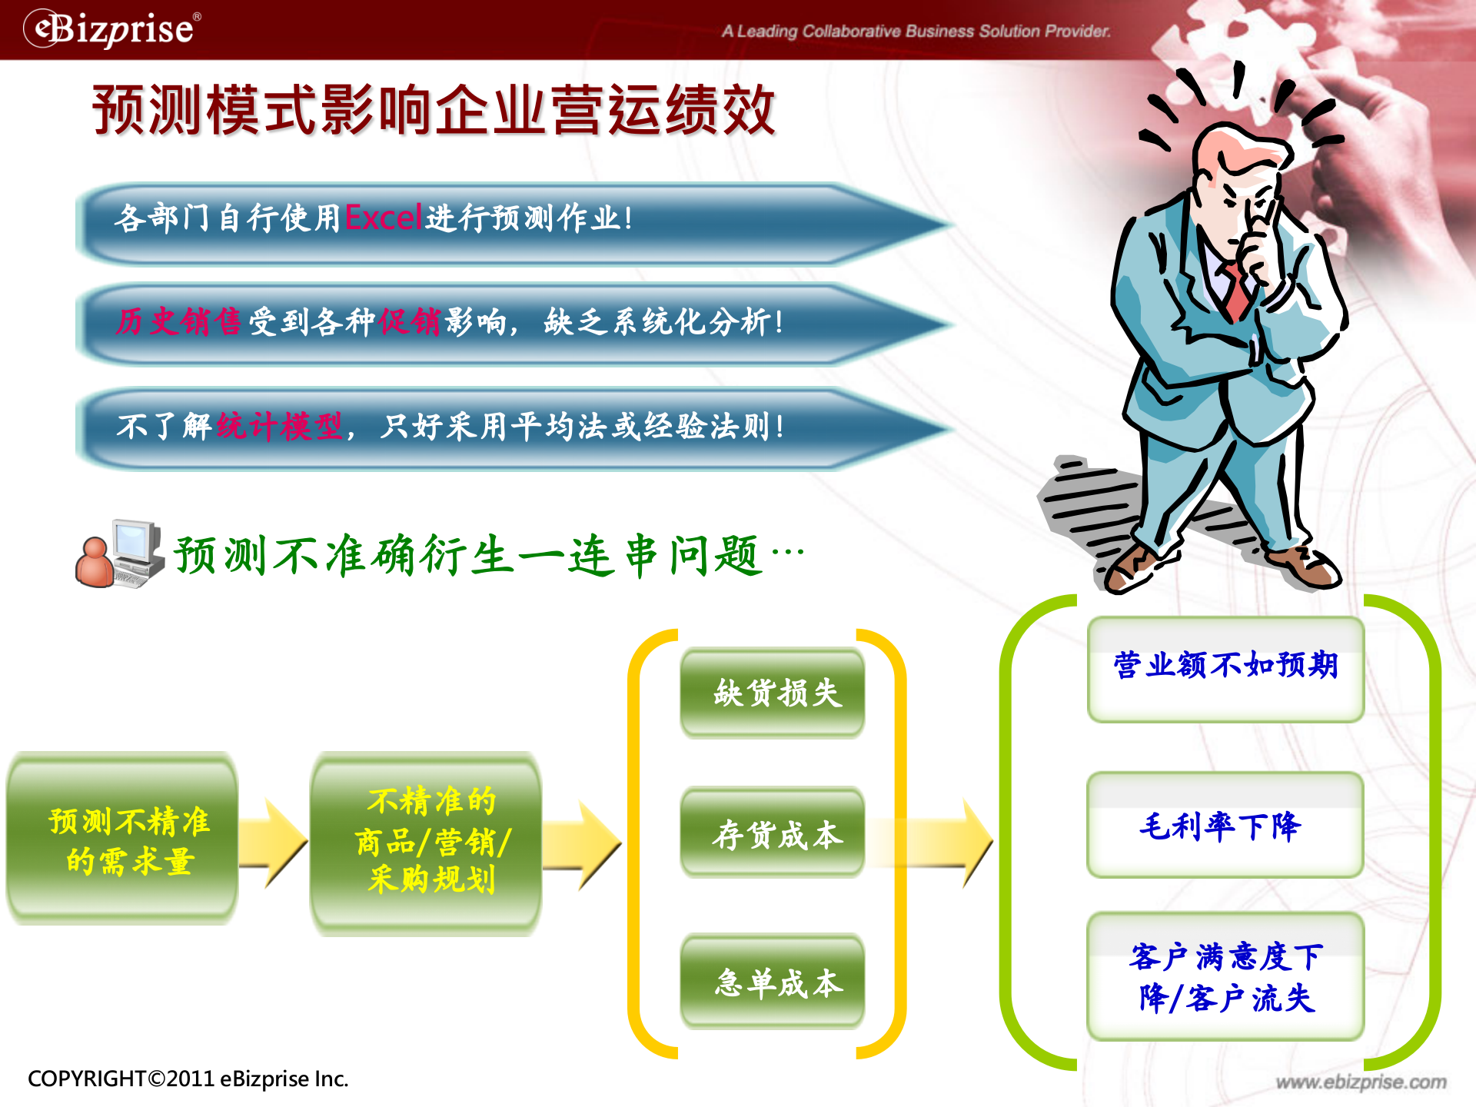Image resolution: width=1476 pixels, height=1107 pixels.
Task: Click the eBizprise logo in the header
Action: point(112,29)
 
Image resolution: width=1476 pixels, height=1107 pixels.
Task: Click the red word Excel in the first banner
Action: point(383,218)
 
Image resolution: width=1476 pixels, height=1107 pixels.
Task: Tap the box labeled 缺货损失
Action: point(773,693)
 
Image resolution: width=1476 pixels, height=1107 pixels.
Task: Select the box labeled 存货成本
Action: point(773,833)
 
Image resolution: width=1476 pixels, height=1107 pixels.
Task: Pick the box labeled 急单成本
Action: point(773,982)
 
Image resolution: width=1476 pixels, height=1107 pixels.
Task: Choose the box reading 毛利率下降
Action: point(1225,825)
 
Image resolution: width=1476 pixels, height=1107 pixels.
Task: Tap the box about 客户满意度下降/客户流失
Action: point(1225,976)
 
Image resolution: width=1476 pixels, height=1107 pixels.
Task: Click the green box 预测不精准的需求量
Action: point(123,839)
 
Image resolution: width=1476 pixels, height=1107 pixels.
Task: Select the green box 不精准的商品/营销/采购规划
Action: point(426,842)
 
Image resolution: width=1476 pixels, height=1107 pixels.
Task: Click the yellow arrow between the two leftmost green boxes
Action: point(274,843)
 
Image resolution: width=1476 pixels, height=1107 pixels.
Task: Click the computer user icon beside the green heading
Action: point(120,554)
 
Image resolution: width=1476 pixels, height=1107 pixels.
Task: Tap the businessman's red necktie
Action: point(1237,292)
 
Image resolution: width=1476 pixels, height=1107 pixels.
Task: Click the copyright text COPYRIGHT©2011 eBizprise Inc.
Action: point(188,1079)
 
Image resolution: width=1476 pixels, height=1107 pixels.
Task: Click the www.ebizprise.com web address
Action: point(1361,1082)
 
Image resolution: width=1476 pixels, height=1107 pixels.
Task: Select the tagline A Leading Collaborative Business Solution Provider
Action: point(916,32)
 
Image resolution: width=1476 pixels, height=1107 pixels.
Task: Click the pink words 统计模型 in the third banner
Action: point(279,425)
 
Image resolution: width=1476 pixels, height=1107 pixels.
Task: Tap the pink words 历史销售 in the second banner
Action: point(178,321)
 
